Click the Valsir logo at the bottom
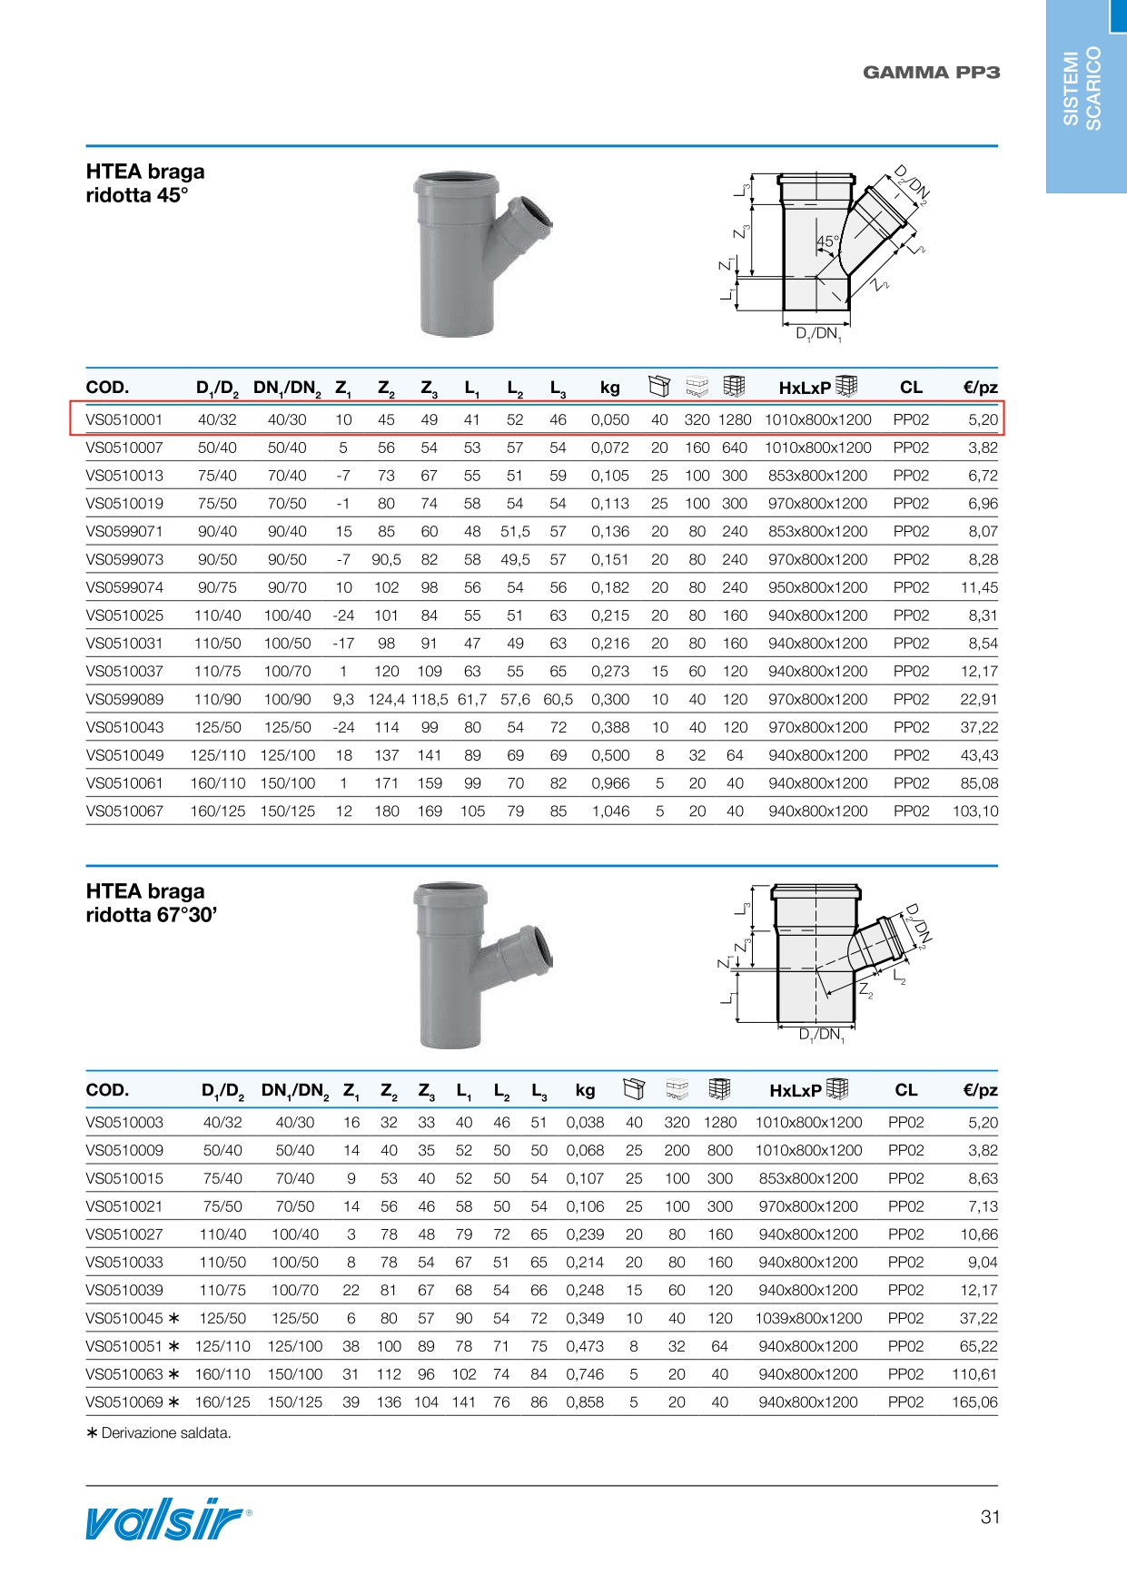pyautogui.click(x=167, y=1519)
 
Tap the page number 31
pyautogui.click(x=990, y=1517)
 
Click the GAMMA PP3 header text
pyautogui.click(x=931, y=73)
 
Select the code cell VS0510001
pyautogui.click(x=124, y=419)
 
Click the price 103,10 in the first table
pyautogui.click(x=975, y=811)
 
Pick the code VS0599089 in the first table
pyautogui.click(x=124, y=700)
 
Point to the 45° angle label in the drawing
pyautogui.click(x=827, y=242)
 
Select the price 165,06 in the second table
pyautogui.click(x=974, y=1402)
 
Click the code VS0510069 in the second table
pyautogui.click(x=124, y=1402)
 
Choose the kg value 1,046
pyautogui.click(x=610, y=811)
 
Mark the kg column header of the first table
pyautogui.click(x=610, y=388)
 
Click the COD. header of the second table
pyautogui.click(x=107, y=1090)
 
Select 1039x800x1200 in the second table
pyautogui.click(x=808, y=1319)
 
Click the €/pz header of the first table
pyautogui.click(x=980, y=388)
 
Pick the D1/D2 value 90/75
pyautogui.click(x=218, y=588)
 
